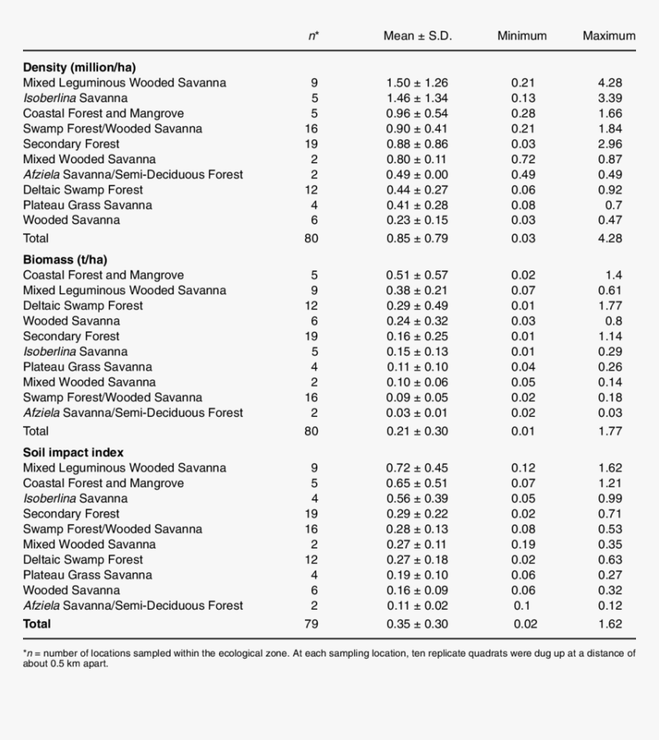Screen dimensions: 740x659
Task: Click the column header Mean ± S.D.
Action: pos(417,36)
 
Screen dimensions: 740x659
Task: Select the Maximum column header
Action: pos(608,36)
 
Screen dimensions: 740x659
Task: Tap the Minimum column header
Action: pos(522,36)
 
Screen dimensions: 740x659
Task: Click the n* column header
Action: pos(314,36)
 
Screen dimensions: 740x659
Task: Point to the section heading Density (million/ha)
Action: pos(80,67)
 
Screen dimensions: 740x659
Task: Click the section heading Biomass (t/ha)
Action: pos(65,260)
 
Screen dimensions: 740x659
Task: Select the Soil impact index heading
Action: pos(73,453)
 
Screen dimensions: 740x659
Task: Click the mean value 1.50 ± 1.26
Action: pos(417,83)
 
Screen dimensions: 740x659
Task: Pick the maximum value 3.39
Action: pos(610,98)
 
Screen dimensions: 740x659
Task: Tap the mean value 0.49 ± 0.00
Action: pos(417,175)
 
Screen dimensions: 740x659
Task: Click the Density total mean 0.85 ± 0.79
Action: pos(417,238)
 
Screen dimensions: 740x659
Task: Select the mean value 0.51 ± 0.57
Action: pos(417,275)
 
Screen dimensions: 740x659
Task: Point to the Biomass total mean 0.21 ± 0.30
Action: pos(417,431)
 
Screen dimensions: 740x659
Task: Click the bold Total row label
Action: pos(37,624)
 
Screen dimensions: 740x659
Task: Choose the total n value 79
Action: pos(311,624)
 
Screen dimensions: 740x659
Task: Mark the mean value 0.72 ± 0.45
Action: pos(417,468)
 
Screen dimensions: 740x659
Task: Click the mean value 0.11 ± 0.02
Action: pos(417,606)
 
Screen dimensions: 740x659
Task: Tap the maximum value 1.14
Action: pos(610,336)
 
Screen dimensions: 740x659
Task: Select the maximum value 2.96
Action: pos(610,144)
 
